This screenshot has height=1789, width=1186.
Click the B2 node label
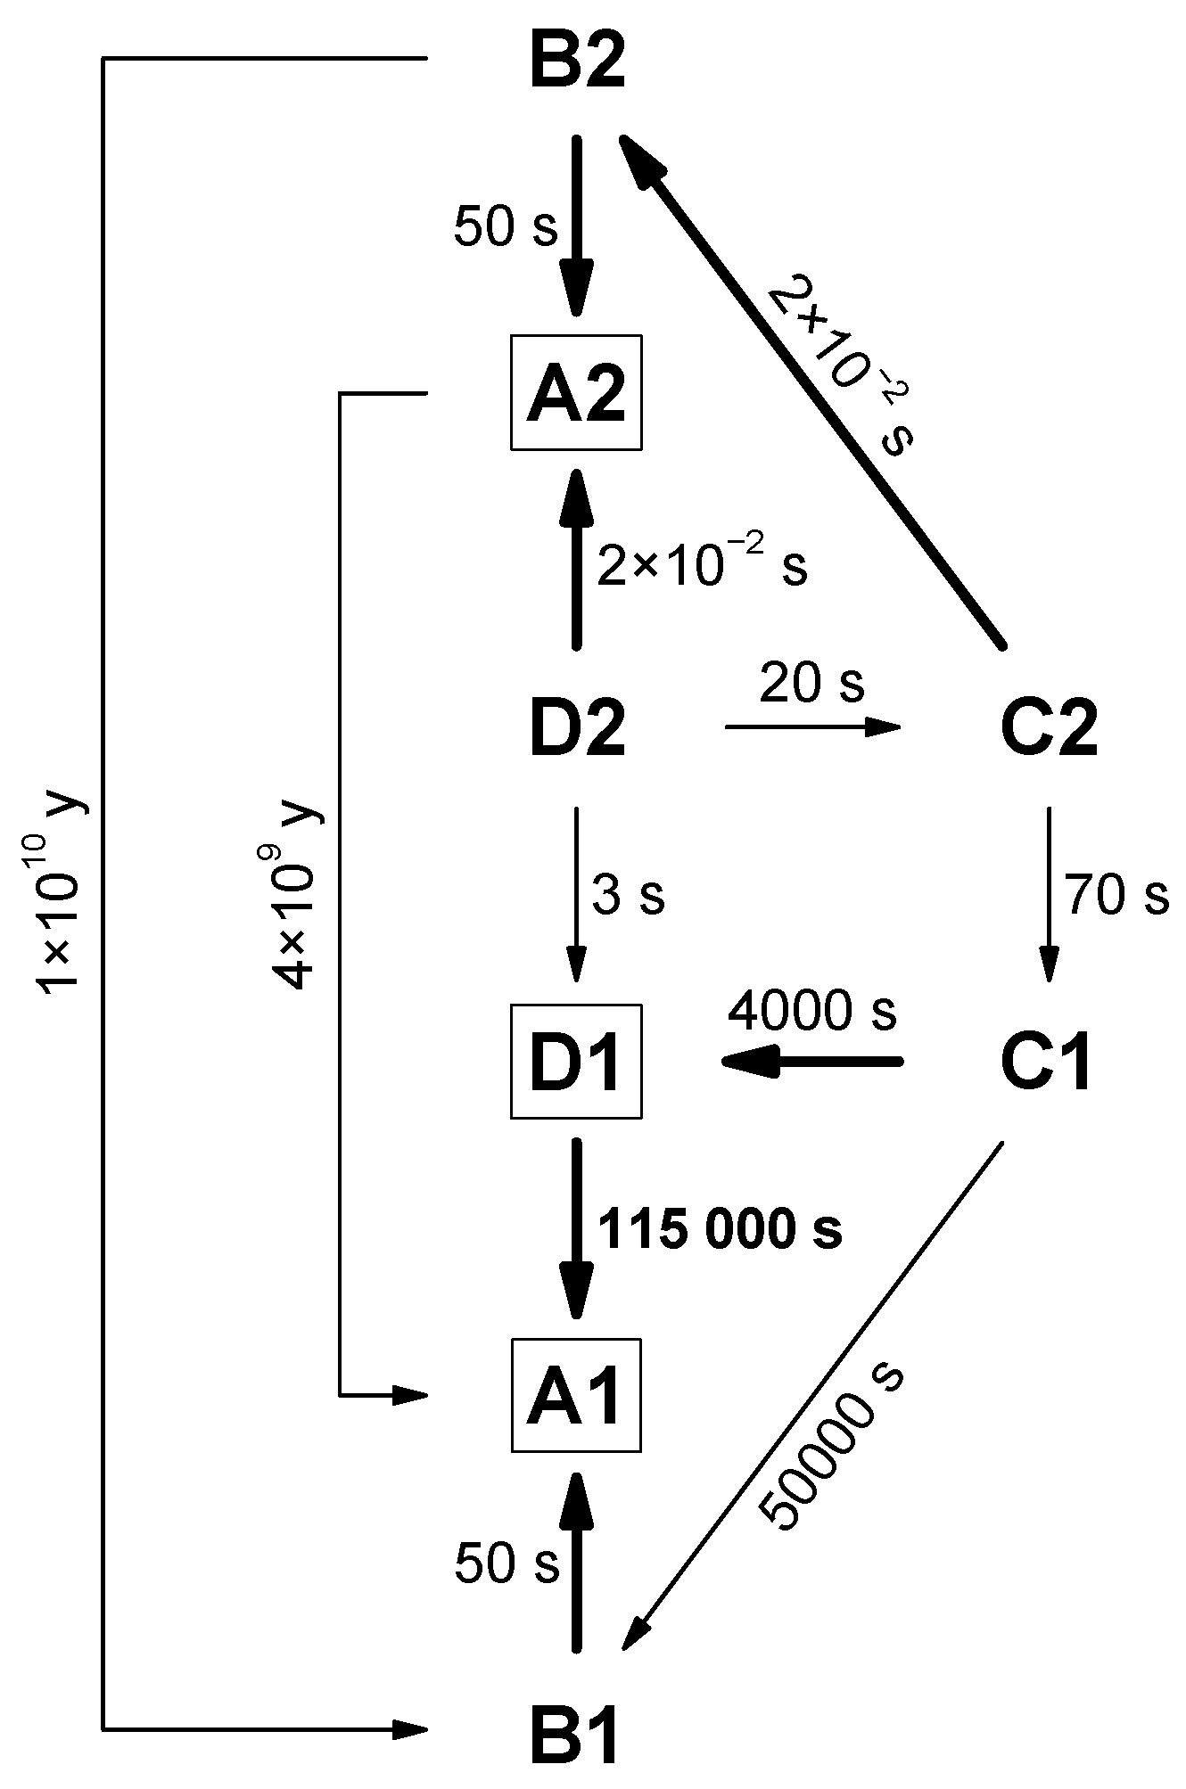(577, 63)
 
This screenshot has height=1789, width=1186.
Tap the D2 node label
(577, 727)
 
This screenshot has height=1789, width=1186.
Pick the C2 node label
(1049, 727)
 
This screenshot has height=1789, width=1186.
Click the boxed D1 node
(576, 1062)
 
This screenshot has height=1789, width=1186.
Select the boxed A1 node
(576, 1395)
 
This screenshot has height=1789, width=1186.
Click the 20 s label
(811, 684)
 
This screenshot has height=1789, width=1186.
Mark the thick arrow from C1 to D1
(811, 1062)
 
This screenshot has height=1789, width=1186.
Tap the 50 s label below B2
(506, 227)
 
